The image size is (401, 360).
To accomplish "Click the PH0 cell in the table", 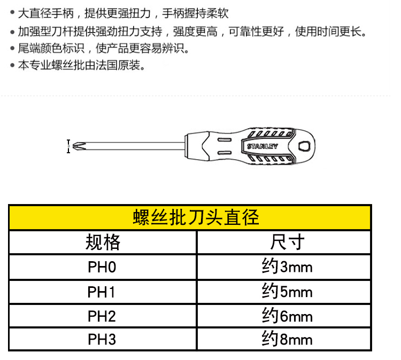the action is click(x=102, y=267).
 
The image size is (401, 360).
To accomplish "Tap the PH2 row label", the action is click(x=102, y=316).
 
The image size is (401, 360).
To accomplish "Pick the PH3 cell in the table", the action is click(x=102, y=339).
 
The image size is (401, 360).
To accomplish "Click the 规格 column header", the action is click(x=103, y=242).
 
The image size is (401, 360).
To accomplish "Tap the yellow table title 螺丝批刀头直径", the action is click(x=196, y=217).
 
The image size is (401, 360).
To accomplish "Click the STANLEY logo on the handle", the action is click(x=263, y=146).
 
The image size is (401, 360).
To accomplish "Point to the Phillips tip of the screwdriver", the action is click(x=78, y=146).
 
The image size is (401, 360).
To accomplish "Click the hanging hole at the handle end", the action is click(x=304, y=146).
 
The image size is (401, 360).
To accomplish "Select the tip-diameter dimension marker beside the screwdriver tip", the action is click(x=68, y=146).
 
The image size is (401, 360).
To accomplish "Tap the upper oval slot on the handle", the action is click(x=225, y=140).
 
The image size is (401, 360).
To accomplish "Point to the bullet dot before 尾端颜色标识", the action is click(x=12, y=48).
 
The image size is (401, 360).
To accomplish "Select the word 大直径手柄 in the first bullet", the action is click(x=46, y=13).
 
